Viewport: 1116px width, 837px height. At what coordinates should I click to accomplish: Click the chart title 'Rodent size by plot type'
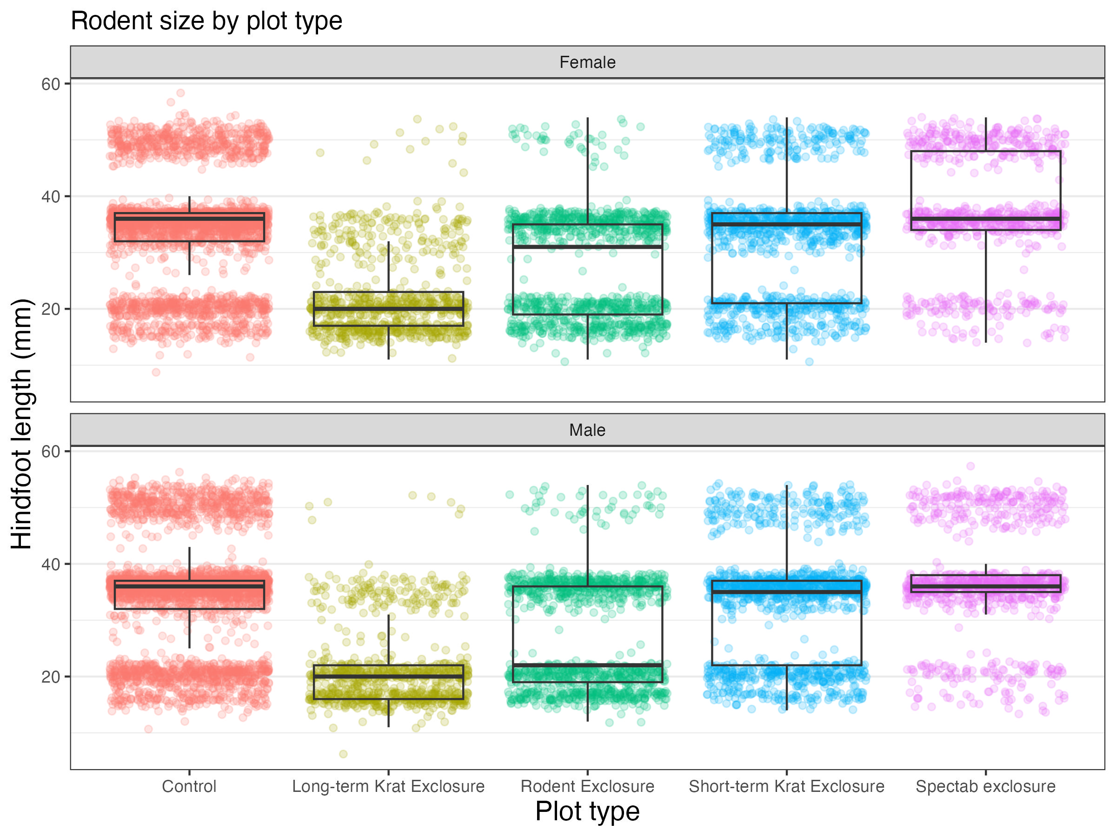pyautogui.click(x=206, y=21)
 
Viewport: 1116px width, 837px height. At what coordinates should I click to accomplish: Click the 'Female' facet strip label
pyautogui.click(x=587, y=63)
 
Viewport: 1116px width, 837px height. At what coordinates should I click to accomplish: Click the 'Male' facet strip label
pyautogui.click(x=587, y=430)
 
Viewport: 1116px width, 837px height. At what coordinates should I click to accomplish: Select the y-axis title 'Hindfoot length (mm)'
pyautogui.click(x=22, y=424)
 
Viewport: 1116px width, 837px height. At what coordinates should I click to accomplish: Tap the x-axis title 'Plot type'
pyautogui.click(x=587, y=811)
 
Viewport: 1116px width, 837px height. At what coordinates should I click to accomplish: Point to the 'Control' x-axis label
pyautogui.click(x=189, y=787)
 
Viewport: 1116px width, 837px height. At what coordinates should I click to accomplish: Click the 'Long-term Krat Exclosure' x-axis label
pyautogui.click(x=388, y=787)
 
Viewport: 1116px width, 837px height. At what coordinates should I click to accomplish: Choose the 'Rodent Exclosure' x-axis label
pyautogui.click(x=587, y=787)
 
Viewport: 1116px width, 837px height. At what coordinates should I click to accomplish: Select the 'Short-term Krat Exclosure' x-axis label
pyautogui.click(x=787, y=787)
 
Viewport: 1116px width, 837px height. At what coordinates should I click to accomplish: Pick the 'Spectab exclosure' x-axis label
pyautogui.click(x=985, y=787)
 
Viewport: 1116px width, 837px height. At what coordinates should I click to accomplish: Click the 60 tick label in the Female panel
pyautogui.click(x=50, y=84)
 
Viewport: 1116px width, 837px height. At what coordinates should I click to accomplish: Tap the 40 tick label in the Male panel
pyautogui.click(x=50, y=565)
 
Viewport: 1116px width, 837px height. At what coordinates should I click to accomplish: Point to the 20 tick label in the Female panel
pyautogui.click(x=50, y=309)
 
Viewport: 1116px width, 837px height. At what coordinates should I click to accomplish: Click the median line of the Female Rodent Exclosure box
pyautogui.click(x=587, y=247)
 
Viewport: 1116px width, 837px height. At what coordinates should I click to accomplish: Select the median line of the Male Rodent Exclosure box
pyautogui.click(x=587, y=665)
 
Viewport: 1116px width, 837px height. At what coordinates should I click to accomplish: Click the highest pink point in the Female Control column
pyautogui.click(x=180, y=93)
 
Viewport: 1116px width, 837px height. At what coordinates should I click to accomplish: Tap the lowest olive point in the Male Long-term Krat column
pyautogui.click(x=343, y=754)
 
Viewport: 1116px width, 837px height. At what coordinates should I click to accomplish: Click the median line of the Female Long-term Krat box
pyautogui.click(x=388, y=309)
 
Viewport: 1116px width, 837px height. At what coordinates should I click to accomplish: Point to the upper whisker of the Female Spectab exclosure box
pyautogui.click(x=986, y=134)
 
